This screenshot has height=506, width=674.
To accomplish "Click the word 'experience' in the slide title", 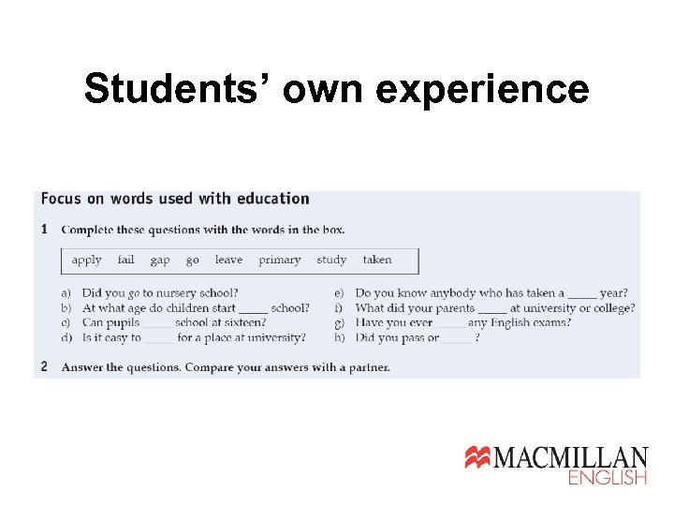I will click(x=485, y=90).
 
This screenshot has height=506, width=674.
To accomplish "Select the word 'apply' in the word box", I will click(x=87, y=260).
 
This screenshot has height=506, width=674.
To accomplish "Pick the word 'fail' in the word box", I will click(x=126, y=260).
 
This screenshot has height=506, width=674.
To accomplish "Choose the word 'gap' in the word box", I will click(x=160, y=260).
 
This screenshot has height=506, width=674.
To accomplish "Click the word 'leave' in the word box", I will click(x=228, y=260).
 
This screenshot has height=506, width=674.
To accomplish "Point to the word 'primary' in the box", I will click(x=280, y=260).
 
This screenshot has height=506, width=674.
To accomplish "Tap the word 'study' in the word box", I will click(x=331, y=260).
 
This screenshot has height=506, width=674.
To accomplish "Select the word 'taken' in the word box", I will click(x=377, y=260).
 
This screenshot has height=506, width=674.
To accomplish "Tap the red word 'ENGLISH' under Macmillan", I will click(x=608, y=478).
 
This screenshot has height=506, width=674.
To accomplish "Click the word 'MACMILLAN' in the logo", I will click(x=570, y=458).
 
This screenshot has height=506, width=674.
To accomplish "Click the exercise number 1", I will click(x=45, y=230).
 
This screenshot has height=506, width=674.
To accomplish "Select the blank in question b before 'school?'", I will click(x=253, y=309).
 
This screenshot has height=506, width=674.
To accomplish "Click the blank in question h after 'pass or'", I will click(x=458, y=339).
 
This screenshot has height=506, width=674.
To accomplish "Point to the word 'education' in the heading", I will click(x=273, y=199).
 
